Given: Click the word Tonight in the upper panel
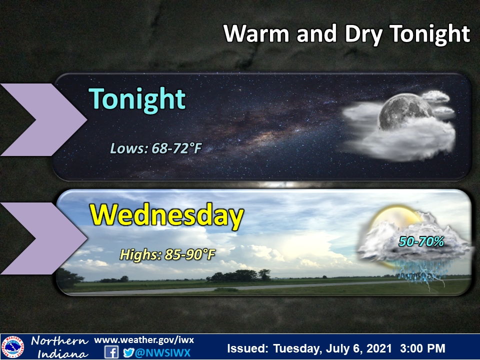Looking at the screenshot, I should point(137,99).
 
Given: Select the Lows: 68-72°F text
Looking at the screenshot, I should point(155,148).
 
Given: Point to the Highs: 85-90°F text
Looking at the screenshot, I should point(167,254).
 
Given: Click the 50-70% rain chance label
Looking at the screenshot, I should point(421,241).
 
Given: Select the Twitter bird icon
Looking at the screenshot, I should point(128,352).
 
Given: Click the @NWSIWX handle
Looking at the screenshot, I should point(162,352).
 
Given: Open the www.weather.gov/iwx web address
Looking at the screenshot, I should point(143,340).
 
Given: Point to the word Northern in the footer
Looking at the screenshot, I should point(59,341).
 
